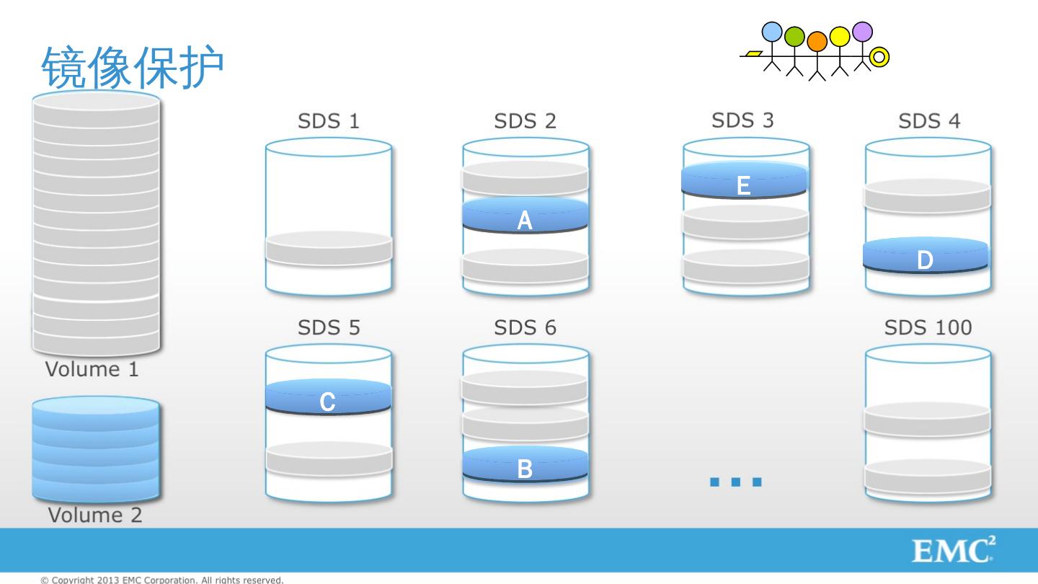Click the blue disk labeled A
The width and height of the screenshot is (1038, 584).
pos(525,216)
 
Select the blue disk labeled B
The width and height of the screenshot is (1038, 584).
pos(525,464)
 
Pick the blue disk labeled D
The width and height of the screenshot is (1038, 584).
pos(926,255)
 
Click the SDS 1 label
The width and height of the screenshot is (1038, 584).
pos(329,121)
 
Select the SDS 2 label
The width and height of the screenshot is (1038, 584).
pos(525,121)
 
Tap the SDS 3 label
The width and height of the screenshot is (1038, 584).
pos(742,120)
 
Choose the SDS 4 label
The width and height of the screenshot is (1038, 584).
pos(929,121)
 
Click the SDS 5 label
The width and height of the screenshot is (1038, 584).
pos(329,328)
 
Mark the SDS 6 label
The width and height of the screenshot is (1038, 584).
pos(525,328)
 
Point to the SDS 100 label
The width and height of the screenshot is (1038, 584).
pos(928,328)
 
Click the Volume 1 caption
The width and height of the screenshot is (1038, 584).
pos(92,370)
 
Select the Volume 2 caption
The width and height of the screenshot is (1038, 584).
pos(94,515)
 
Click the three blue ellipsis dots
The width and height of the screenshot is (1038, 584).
pos(736,482)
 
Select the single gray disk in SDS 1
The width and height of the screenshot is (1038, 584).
pos(329,248)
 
